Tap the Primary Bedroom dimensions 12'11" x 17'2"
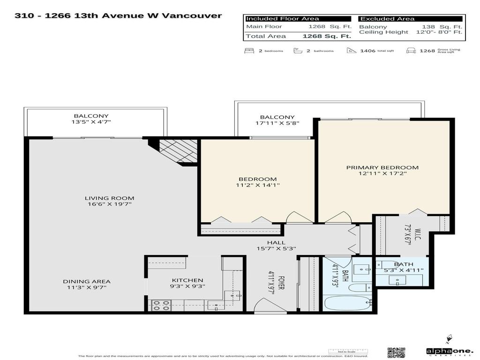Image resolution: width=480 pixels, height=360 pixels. click(382, 173)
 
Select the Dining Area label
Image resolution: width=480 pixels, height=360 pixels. click(87, 281)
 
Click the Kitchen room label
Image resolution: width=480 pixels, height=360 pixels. click(187, 280)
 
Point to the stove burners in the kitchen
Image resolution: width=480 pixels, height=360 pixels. click(160, 305)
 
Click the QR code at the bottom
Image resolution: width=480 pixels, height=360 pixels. click(396, 352)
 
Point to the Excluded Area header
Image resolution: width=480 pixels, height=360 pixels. click(387, 19)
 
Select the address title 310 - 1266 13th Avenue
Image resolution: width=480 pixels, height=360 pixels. click(118, 15)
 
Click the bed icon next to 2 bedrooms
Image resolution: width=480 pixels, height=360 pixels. click(248, 50)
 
